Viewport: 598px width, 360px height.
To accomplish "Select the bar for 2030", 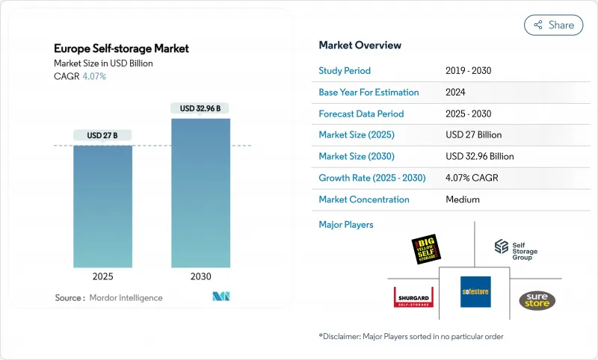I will (x=201, y=193).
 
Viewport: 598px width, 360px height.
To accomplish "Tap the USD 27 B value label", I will (x=102, y=135).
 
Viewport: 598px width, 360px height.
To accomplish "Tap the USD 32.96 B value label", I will (x=201, y=108).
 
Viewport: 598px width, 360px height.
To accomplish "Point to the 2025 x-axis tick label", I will (x=102, y=276).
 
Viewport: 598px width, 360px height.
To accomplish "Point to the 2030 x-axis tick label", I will (x=201, y=276).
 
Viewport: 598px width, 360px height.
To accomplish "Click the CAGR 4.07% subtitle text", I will (x=79, y=76).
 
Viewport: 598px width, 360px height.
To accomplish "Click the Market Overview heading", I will (x=360, y=46).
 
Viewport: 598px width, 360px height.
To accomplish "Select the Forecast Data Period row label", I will (x=361, y=114).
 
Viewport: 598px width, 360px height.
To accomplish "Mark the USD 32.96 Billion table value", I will (x=480, y=157).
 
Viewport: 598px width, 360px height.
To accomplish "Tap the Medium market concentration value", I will (x=463, y=199).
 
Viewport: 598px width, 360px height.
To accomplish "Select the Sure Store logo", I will (x=537, y=300).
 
